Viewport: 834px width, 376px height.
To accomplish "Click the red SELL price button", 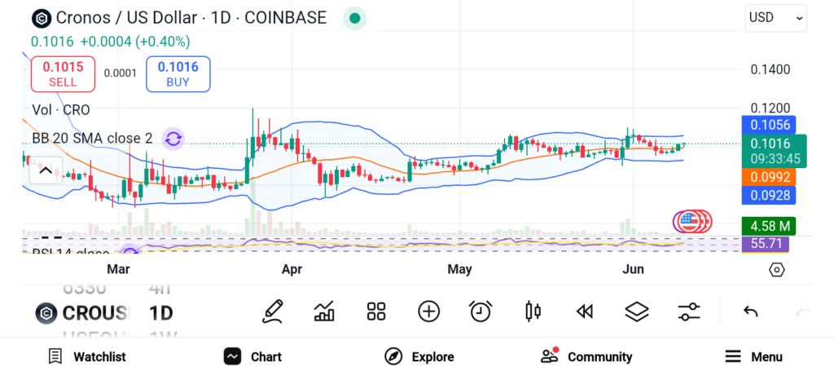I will [63, 73].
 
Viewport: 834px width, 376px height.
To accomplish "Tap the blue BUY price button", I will [178, 73].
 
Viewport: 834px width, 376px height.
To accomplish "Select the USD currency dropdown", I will [775, 18].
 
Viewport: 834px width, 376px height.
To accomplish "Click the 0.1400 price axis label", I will [770, 70].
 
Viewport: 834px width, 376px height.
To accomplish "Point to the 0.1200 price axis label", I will [770, 108].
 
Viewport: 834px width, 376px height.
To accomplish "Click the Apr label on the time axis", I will [292, 269].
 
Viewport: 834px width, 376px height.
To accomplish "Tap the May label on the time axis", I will [460, 269].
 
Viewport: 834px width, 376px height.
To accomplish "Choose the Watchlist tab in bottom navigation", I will [87, 356].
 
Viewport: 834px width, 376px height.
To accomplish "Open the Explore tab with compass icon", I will [419, 356].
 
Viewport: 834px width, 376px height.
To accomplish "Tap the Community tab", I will [586, 356].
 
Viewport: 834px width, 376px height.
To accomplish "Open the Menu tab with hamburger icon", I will [753, 356].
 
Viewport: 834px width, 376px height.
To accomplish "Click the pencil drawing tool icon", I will [273, 311].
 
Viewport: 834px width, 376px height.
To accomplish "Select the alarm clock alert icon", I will [481, 311].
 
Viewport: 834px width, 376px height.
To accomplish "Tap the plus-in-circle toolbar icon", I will [428, 311].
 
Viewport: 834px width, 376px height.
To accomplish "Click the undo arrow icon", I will [751, 311].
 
